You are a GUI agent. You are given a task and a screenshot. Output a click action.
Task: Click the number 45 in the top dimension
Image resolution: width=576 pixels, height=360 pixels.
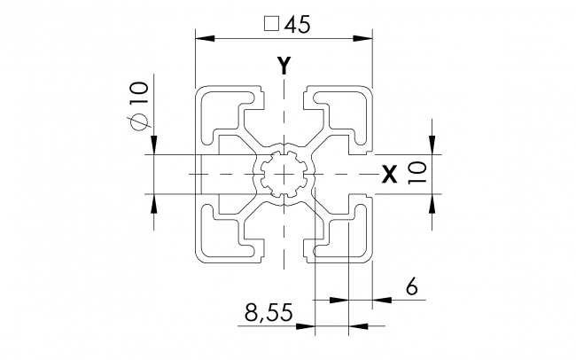pyautogui.click(x=297, y=26)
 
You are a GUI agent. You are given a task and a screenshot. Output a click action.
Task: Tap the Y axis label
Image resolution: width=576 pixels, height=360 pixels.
pyautogui.click(x=284, y=65)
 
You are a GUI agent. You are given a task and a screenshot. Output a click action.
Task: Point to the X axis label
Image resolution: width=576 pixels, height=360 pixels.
pyautogui.click(x=388, y=175)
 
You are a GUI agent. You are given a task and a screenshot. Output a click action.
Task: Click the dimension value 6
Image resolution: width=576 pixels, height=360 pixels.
pyautogui.click(x=409, y=286)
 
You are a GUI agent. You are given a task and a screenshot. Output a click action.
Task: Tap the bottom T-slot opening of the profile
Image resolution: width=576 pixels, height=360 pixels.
pyautogui.click(x=284, y=253)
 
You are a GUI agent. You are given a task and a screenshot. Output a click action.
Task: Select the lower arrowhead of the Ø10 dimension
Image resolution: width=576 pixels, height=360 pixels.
pyautogui.click(x=154, y=202)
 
